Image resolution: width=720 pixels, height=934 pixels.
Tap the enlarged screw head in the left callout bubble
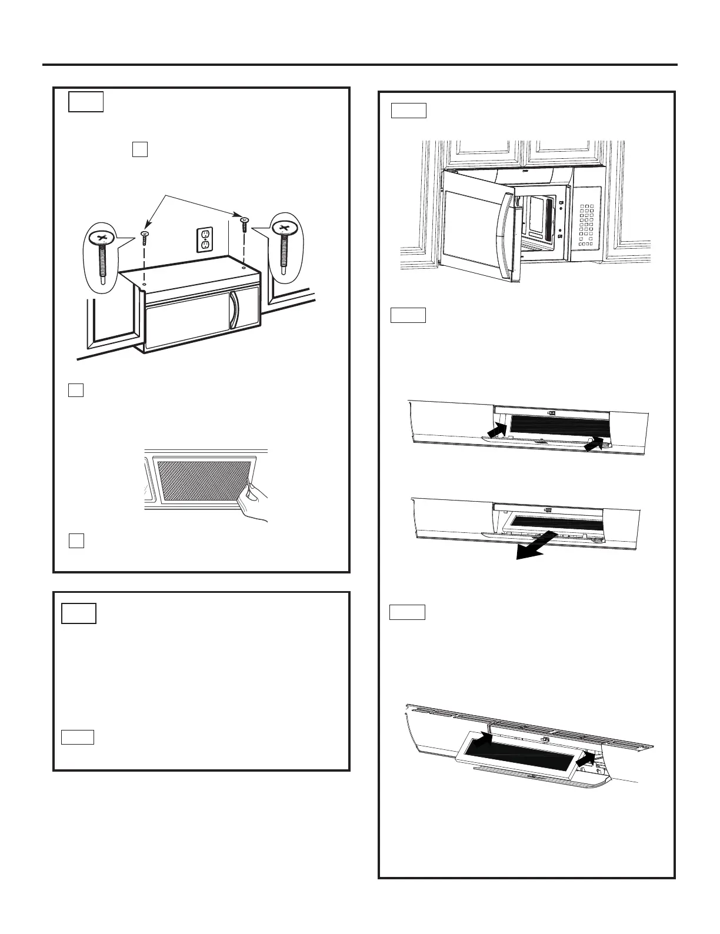pyautogui.click(x=102, y=238)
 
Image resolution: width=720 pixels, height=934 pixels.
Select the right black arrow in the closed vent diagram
pyautogui.click(x=596, y=445)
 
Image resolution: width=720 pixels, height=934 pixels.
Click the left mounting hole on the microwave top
pyautogui.click(x=145, y=275)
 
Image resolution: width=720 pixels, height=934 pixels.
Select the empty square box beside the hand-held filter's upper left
pyautogui.click(x=75, y=390)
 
